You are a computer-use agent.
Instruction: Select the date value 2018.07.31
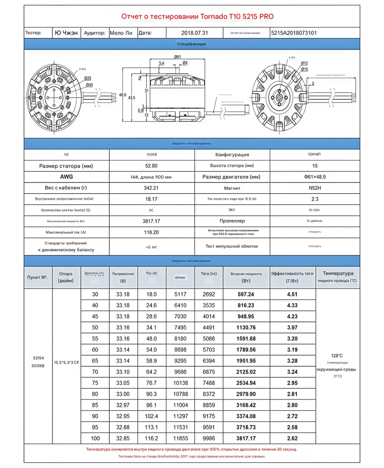(195, 33)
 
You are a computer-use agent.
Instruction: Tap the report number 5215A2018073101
(294, 33)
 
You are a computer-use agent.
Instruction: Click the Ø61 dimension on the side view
(177, 56)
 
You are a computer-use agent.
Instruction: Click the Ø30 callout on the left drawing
(88, 85)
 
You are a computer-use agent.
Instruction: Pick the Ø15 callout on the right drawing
(304, 69)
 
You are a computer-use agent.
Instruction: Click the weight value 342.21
(152, 188)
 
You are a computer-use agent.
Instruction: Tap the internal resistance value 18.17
(152, 199)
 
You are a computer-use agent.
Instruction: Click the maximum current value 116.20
(152, 232)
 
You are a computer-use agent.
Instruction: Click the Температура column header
(337, 273)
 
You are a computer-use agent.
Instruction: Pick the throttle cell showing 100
(95, 438)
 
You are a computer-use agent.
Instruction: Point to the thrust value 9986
(208, 438)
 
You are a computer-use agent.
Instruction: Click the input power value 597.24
(246, 294)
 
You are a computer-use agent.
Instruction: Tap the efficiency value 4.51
(292, 294)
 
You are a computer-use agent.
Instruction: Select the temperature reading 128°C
(337, 355)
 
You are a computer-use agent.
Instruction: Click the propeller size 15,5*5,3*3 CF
(66, 362)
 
